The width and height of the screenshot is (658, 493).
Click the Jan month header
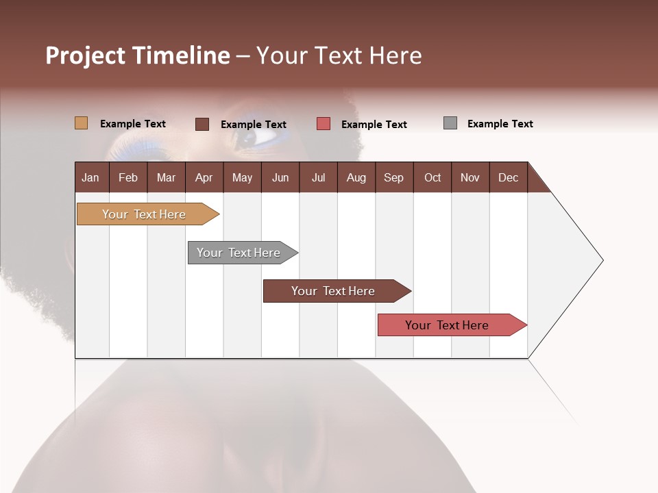click(x=91, y=177)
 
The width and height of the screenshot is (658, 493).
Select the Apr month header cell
click(x=204, y=177)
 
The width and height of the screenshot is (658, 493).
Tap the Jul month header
click(x=318, y=177)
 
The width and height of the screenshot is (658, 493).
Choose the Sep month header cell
click(x=394, y=177)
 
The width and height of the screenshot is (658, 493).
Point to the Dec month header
click(x=508, y=177)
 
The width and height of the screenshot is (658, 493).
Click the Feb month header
click(x=128, y=177)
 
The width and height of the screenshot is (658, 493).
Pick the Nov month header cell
click(x=470, y=177)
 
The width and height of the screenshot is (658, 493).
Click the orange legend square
click(x=82, y=123)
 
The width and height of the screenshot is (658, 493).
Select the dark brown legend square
click(x=202, y=124)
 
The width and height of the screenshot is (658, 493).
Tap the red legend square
click(x=324, y=124)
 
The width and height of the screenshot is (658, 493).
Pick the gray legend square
click(x=450, y=123)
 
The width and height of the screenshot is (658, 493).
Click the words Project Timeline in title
click(x=138, y=55)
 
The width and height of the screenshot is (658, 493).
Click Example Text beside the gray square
click(x=500, y=124)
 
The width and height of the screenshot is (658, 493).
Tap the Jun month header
click(x=280, y=177)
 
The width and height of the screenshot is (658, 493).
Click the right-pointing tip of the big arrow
click(x=601, y=260)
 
